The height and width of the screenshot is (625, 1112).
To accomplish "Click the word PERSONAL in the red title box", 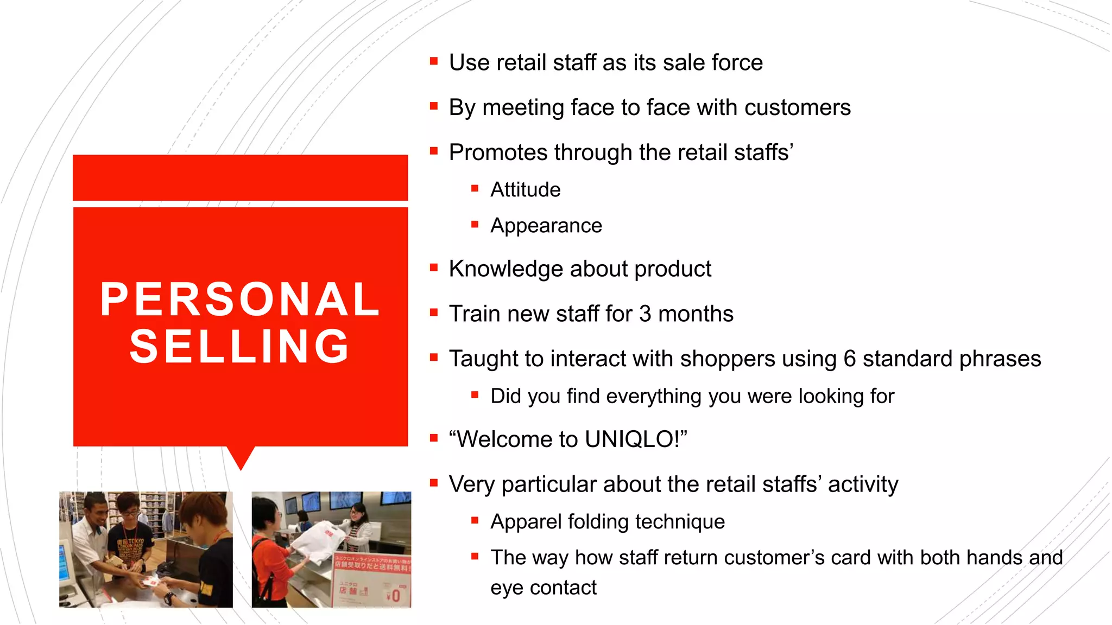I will click(240, 299).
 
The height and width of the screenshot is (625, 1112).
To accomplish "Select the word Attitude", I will click(525, 190).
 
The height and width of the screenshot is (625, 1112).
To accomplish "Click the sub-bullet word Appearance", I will click(546, 226).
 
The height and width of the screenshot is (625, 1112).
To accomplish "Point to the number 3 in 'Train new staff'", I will click(645, 314).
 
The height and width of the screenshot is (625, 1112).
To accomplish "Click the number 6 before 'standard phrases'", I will click(849, 359).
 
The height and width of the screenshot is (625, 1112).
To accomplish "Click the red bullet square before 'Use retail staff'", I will click(433, 62).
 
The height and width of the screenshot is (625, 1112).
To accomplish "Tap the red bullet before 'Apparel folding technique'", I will click(475, 521).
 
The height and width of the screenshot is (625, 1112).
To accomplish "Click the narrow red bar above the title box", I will click(240, 177).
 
